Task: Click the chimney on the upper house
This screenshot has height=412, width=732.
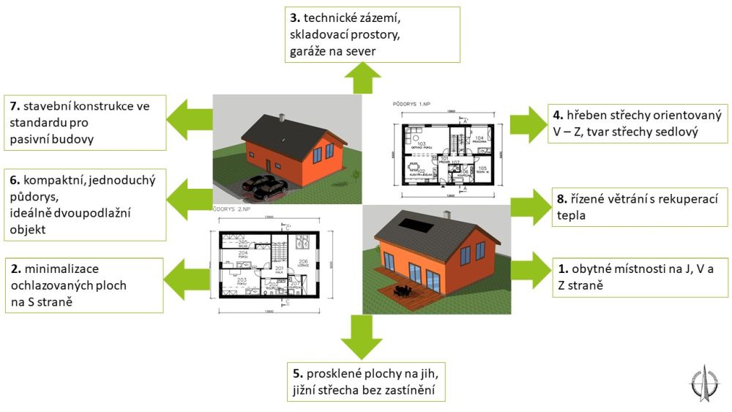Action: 278,118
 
